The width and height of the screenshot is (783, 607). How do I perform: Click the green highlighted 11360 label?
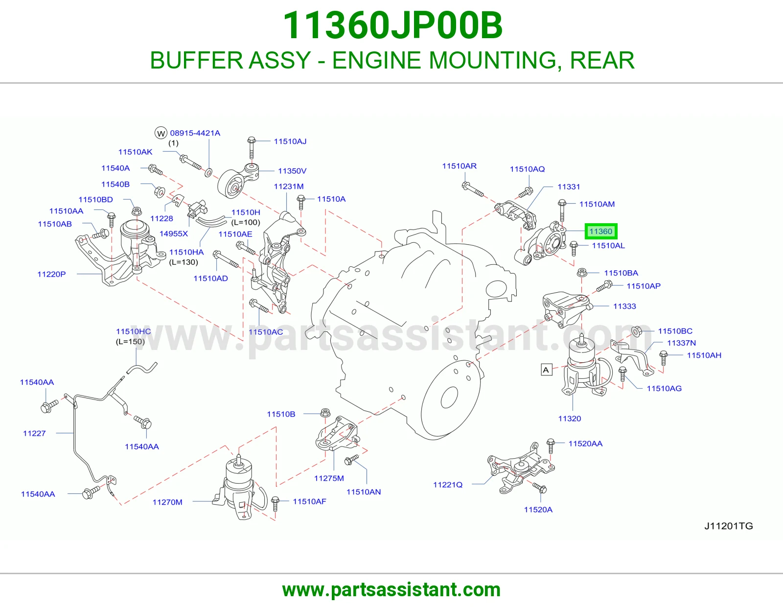600,231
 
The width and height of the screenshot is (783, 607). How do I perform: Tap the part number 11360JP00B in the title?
392,25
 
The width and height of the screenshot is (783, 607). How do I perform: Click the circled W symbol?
161,133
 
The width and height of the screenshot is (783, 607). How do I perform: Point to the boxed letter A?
546,370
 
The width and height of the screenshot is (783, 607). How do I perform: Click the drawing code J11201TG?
729,526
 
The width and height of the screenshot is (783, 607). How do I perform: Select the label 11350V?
292,171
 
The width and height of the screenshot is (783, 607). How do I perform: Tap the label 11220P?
51,274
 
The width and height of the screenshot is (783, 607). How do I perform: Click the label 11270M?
167,502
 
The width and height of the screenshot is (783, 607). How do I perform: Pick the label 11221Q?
447,485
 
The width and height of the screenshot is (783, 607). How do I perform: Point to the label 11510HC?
133,331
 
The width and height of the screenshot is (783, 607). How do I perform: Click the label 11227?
34,433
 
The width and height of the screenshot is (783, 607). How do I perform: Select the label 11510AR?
459,166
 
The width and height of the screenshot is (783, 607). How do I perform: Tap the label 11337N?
681,343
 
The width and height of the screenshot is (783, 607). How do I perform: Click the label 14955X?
174,233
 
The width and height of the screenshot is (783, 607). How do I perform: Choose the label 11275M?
329,478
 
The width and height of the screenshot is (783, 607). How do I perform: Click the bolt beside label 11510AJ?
252,147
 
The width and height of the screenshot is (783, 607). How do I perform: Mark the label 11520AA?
585,444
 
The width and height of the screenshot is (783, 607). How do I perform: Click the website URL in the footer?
391,590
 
